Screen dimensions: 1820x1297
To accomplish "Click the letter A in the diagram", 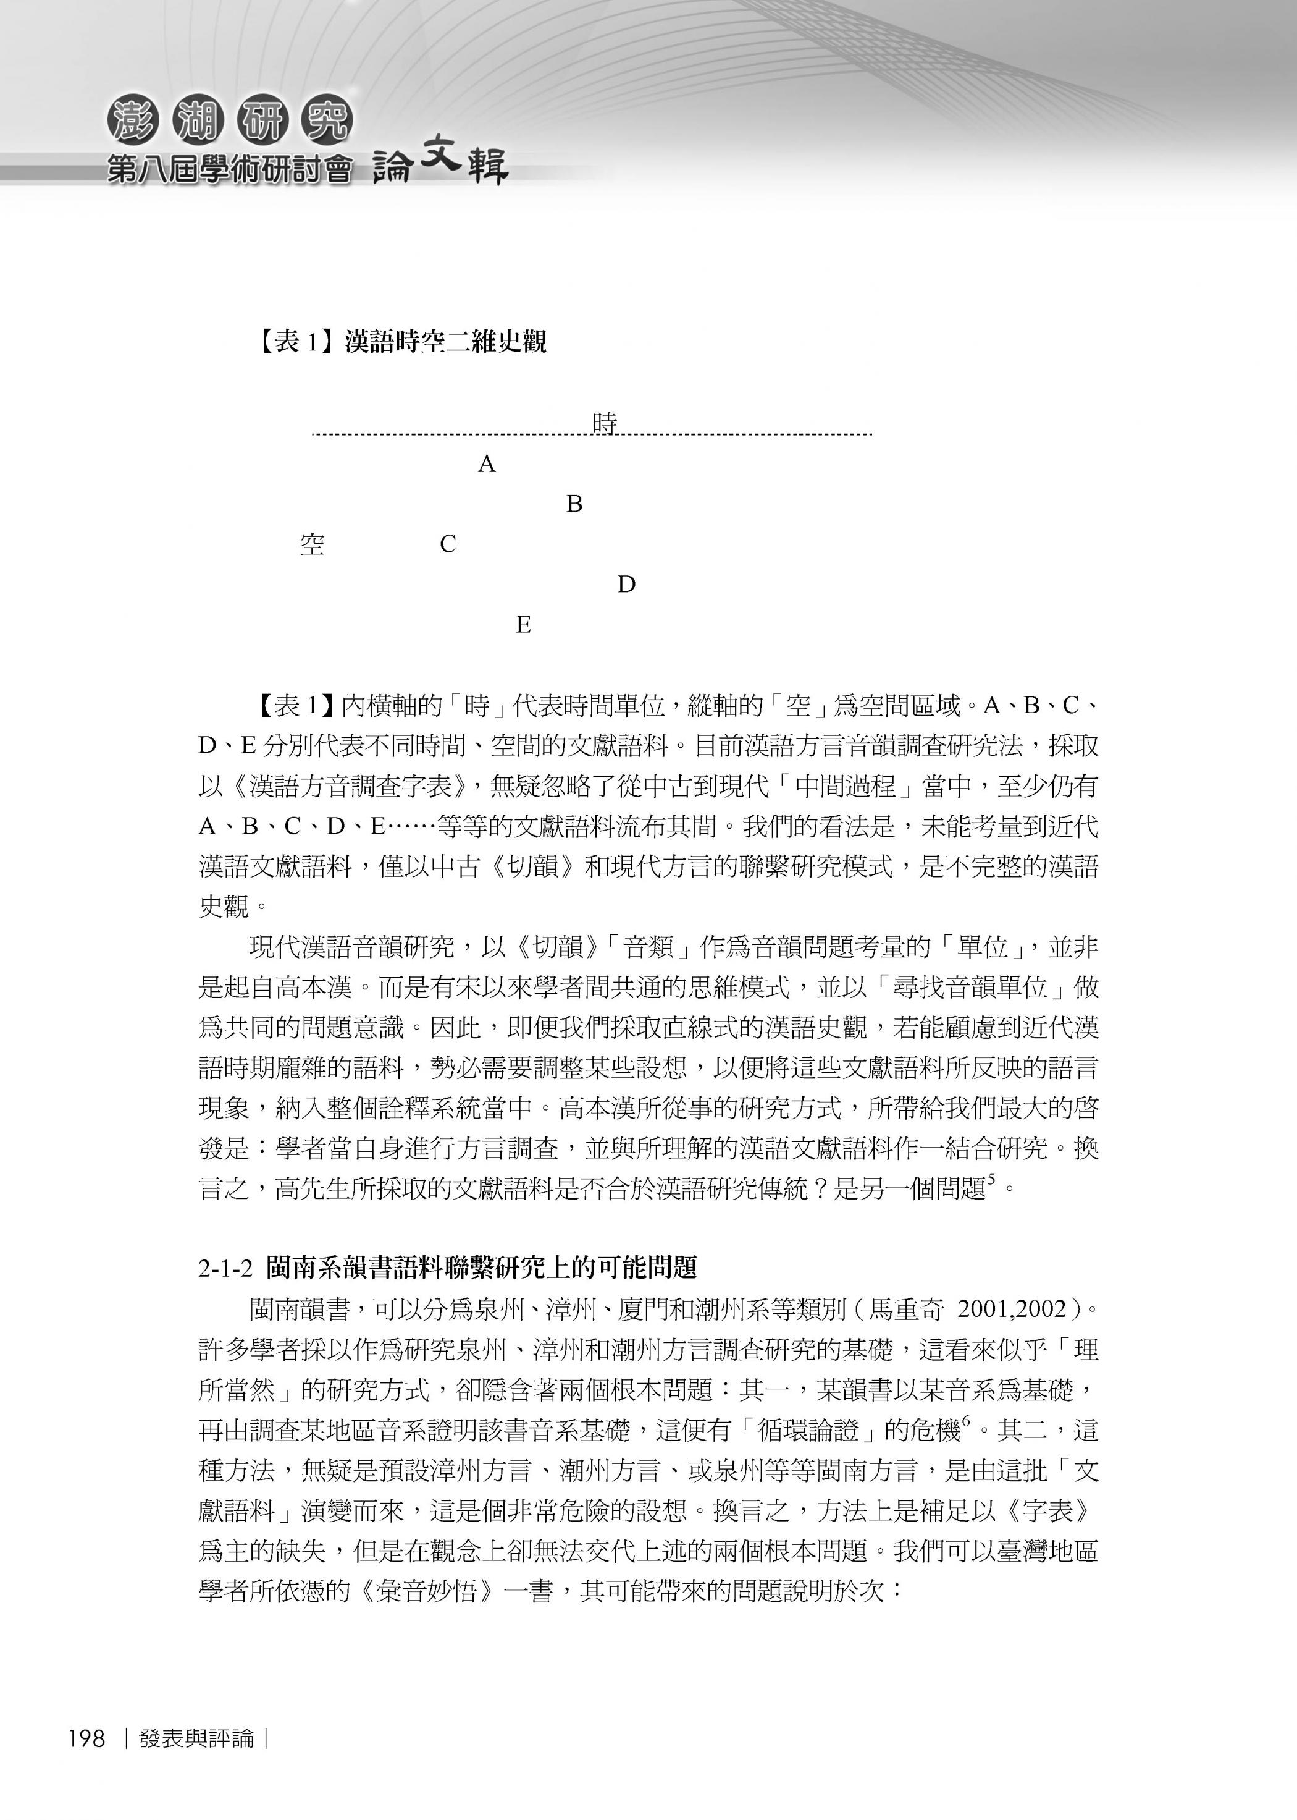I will pos(487,464).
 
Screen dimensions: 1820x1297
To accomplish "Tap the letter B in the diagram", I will pos(574,504).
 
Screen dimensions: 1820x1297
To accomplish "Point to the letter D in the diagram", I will pos(626,585).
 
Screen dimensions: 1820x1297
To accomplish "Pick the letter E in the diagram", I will pos(523,625).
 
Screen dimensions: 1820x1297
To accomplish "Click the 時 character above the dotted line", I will pos(605,423).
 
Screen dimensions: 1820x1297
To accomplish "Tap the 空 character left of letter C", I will pos(313,545).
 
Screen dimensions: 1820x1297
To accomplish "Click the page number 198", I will pos(87,1738).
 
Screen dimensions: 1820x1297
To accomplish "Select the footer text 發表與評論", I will pos(196,1738).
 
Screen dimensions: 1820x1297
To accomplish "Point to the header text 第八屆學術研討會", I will pos(229,169).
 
